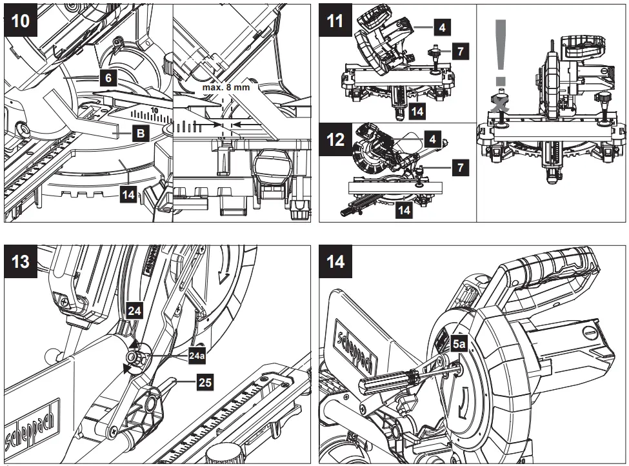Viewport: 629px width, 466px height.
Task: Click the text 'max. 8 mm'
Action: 225,86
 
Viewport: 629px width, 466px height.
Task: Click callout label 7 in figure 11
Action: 459,51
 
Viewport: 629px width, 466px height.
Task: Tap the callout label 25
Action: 205,383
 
